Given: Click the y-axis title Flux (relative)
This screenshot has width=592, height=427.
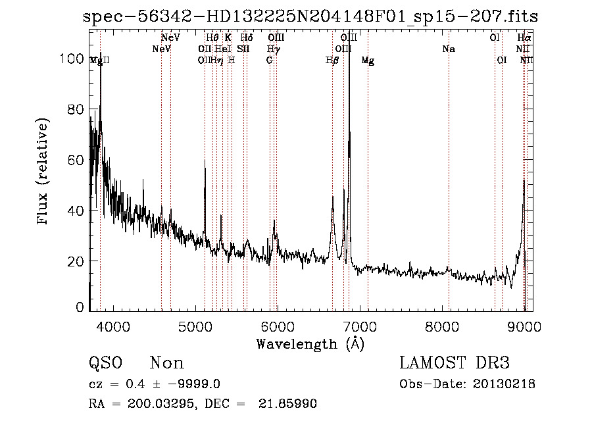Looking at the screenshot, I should (44, 172).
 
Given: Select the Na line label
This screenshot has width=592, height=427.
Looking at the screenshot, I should (449, 49).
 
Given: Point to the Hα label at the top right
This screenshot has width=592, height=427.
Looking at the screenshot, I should (524, 38).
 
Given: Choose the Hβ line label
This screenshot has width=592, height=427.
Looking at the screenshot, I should (332, 61).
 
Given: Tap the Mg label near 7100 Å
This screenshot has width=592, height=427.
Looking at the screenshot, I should (368, 61).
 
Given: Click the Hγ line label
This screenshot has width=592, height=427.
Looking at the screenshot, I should (273, 49).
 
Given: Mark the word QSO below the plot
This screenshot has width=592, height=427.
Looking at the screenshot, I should (105, 363).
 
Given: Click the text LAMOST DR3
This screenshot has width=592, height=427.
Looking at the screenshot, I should (455, 363).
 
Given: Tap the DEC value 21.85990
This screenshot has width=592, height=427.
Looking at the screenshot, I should (291, 403).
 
